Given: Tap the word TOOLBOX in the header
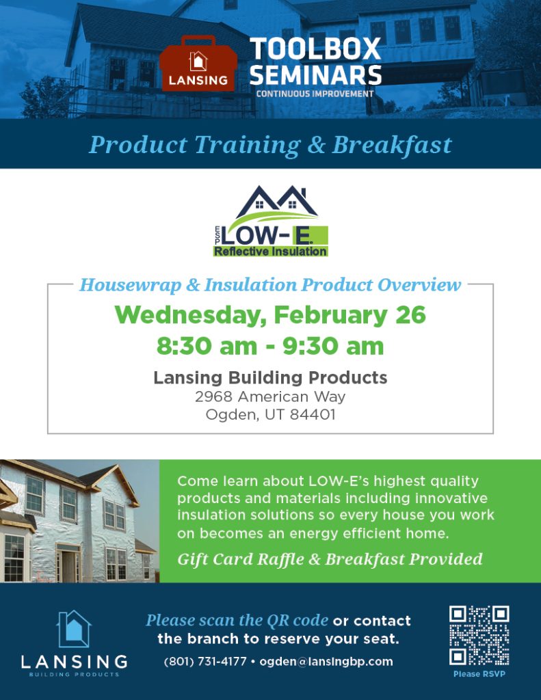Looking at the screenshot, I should pos(315,50).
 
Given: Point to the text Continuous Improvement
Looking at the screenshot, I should pos(315,94).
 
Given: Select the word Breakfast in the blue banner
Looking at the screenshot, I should pos(392,145).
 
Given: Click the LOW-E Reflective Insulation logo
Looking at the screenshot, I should pos(271,221).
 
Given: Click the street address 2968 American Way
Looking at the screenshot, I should pos(270,396).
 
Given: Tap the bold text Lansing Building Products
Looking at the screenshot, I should pos(270,377).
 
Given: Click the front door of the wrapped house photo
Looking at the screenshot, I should pos(67,565).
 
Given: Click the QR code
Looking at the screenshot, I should pos(479,636).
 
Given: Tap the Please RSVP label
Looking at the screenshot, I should pos(479,674).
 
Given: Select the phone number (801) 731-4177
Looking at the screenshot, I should pos(205,661).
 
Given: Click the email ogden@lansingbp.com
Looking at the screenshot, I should pos(326,661).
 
